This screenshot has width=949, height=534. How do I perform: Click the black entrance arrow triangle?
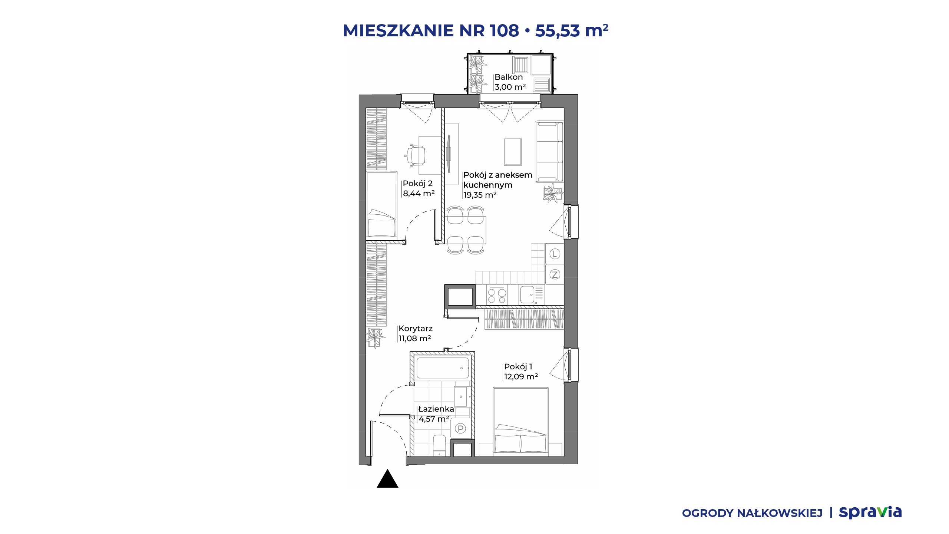tap(387, 479)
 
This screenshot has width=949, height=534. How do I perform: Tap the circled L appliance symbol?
tap(555, 254)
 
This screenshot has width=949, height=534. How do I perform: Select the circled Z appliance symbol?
tap(555, 274)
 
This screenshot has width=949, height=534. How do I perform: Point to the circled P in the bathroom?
tap(460, 429)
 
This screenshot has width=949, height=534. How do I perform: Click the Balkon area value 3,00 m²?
tap(510, 87)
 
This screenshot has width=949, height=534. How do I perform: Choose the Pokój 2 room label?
tap(418, 184)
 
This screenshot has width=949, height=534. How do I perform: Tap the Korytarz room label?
tap(416, 329)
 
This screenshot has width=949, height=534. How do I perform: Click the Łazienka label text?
tap(436, 409)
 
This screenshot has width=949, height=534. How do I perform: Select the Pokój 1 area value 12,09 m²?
tap(521, 377)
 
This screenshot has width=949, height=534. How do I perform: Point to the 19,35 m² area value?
tap(480, 195)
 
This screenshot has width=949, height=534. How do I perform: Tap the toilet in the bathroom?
tap(439, 446)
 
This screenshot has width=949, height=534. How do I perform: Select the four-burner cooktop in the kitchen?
tap(497, 296)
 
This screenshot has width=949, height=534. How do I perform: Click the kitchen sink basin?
tap(527, 295)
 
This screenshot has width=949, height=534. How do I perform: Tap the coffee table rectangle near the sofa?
tap(513, 152)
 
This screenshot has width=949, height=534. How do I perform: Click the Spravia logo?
tap(870, 512)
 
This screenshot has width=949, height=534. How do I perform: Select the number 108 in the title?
tap(504, 30)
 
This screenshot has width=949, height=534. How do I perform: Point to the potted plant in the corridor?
tap(374, 338)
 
